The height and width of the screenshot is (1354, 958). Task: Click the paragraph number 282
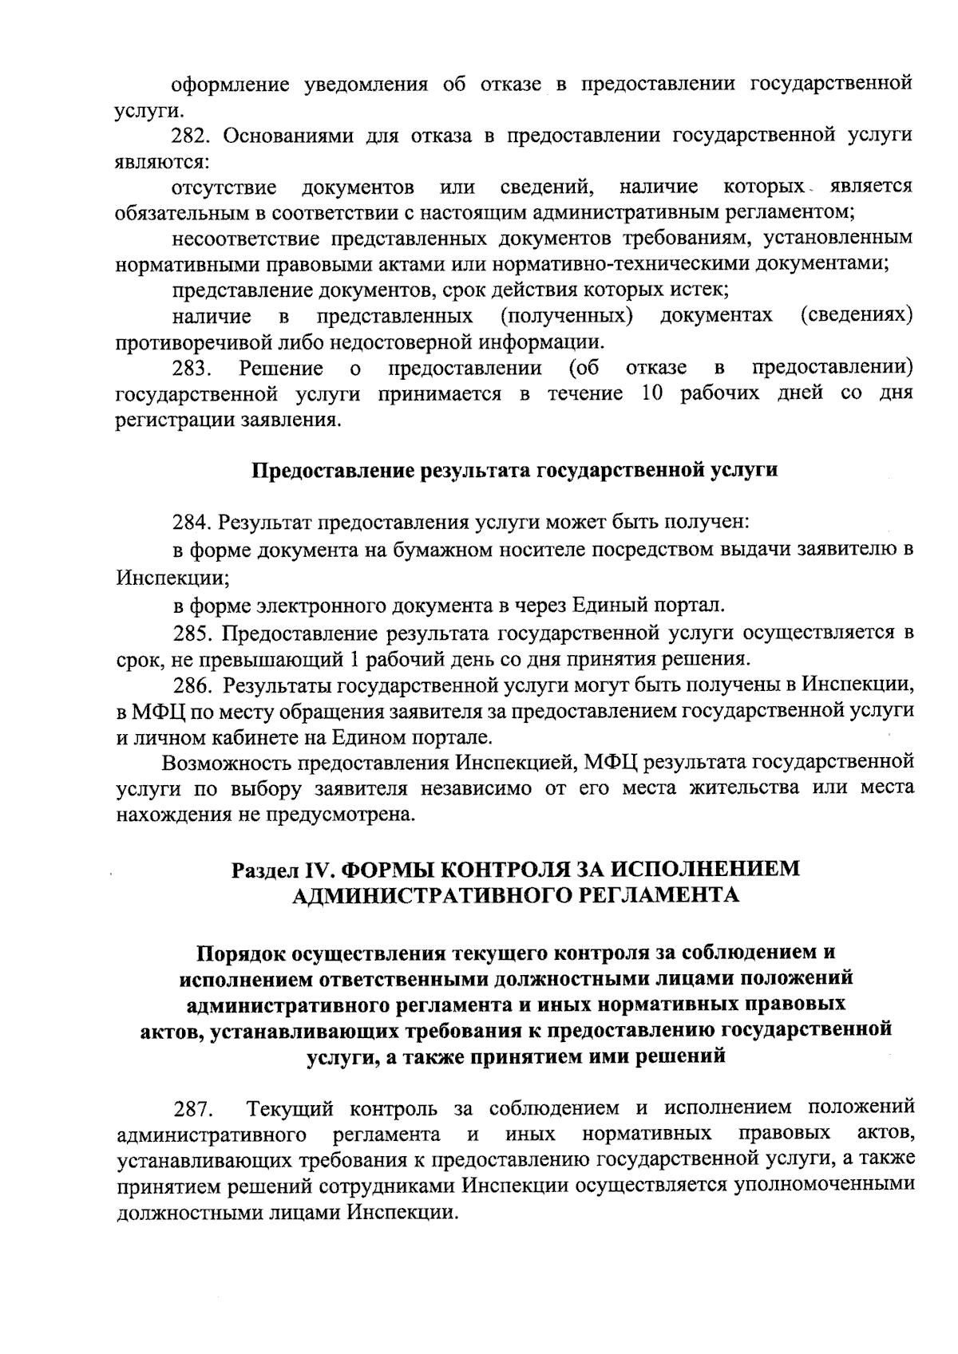(x=192, y=135)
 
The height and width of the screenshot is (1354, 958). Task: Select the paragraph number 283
(x=192, y=369)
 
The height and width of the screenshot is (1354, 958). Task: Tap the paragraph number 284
(x=192, y=523)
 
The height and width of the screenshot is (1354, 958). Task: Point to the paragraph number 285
(x=192, y=634)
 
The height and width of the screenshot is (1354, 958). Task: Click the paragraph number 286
(x=192, y=685)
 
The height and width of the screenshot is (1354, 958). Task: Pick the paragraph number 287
(x=192, y=1109)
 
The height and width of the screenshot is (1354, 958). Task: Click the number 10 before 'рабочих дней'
(x=653, y=394)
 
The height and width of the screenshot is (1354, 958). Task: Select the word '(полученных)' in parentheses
(x=567, y=316)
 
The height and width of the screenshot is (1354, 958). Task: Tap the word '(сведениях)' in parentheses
(x=857, y=316)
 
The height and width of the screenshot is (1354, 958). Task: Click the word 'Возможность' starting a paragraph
(x=227, y=762)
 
